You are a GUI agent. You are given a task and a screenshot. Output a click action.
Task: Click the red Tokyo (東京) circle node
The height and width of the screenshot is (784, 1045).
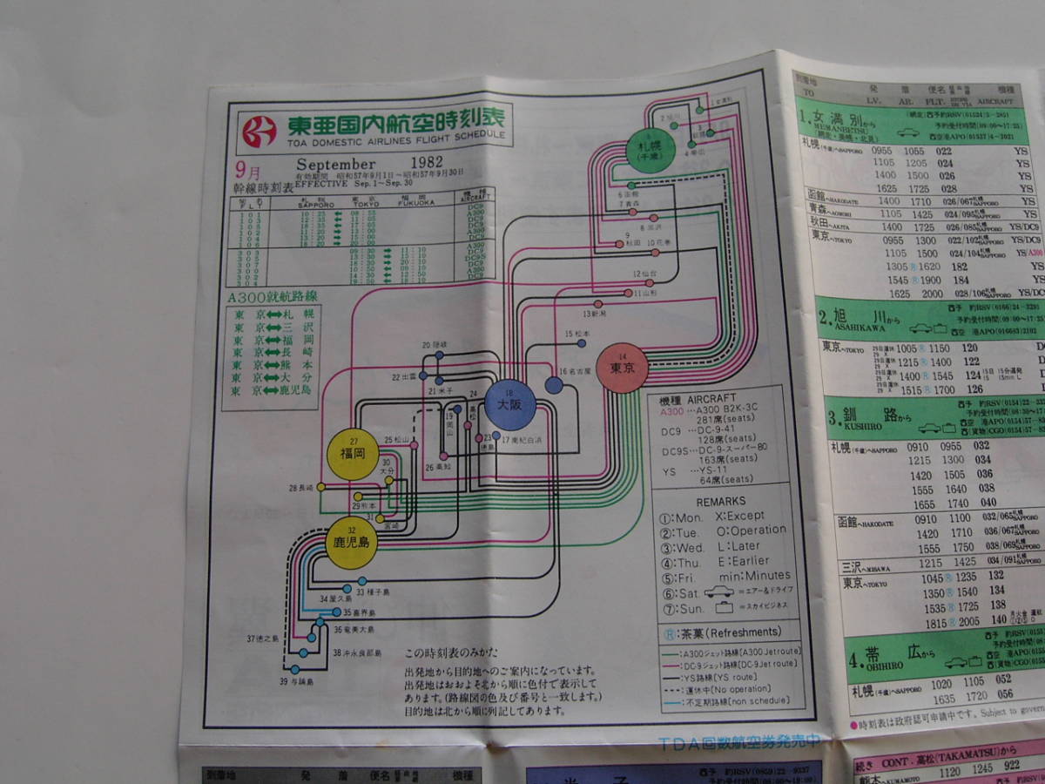[x=622, y=369]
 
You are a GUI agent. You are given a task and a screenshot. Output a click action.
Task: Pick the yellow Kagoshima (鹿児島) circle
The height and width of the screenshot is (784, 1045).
[x=352, y=542]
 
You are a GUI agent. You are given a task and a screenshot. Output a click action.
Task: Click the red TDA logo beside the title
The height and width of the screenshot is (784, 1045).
[x=259, y=131]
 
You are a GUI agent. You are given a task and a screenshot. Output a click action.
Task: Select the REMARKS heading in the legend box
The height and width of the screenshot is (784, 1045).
[x=720, y=502]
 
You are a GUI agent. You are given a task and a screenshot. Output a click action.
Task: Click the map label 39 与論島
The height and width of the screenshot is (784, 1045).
[x=296, y=680]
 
